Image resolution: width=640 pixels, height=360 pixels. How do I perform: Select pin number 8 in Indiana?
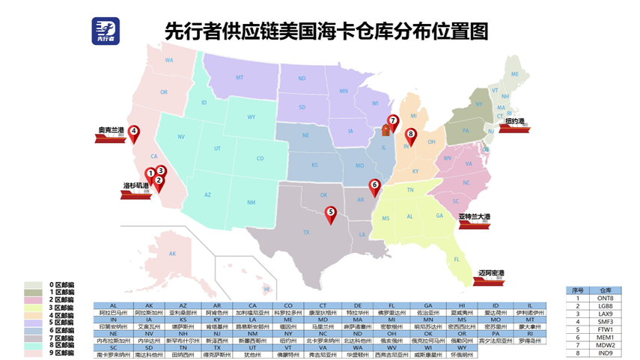pyautogui.click(x=410, y=136)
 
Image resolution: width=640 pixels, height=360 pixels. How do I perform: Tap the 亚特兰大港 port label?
pyautogui.click(x=475, y=216)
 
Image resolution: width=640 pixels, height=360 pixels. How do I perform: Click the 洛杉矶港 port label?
pyautogui.click(x=136, y=185)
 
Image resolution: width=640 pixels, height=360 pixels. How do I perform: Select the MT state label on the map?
pyautogui.click(x=240, y=77)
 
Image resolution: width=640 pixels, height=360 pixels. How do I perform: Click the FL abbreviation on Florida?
pyautogui.click(x=456, y=259)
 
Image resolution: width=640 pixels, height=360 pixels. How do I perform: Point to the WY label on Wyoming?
pyautogui.click(x=252, y=117)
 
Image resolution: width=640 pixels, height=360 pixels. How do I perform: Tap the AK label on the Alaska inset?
pyautogui.click(x=172, y=254)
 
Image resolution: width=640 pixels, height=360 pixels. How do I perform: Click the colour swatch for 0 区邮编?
pyautogui.click(x=33, y=285)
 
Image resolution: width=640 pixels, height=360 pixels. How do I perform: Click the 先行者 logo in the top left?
pyautogui.click(x=106, y=31)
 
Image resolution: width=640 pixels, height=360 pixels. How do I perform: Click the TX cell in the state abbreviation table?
pyautogui.click(x=218, y=348)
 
